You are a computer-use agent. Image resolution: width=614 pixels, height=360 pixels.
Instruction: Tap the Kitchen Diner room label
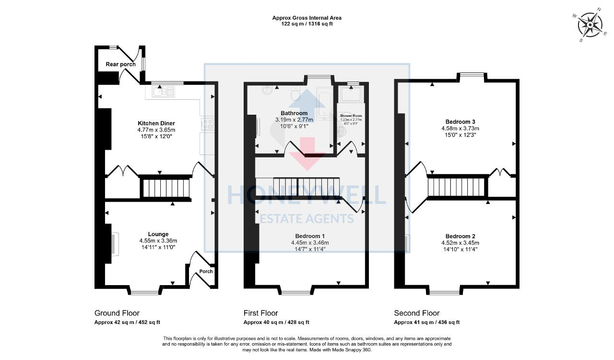156,123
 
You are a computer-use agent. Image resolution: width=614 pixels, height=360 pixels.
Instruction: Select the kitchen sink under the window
163,91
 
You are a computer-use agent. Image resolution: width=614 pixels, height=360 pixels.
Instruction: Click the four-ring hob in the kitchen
208,124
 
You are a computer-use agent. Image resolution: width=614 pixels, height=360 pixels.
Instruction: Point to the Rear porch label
120,64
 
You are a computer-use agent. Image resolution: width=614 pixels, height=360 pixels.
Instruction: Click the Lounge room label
158,234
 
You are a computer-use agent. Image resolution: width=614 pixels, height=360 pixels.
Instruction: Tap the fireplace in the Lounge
113,244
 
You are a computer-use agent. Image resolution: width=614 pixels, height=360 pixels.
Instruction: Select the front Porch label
206,271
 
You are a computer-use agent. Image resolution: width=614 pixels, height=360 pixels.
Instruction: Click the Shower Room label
351,116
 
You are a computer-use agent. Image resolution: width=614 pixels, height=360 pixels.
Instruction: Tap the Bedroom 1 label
309,236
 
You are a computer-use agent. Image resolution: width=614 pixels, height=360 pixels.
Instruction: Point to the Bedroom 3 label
460,121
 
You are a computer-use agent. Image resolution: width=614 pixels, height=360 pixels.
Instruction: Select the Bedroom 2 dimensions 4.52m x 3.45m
460,243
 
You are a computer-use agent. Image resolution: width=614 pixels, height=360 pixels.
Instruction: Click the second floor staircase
457,187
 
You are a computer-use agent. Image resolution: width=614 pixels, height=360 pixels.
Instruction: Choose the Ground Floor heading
117,313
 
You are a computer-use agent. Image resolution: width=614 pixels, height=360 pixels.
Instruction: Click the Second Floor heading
416,313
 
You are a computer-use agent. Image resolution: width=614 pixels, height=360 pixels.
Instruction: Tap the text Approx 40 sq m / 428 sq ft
276,323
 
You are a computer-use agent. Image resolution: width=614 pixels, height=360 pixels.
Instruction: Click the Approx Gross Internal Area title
307,18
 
